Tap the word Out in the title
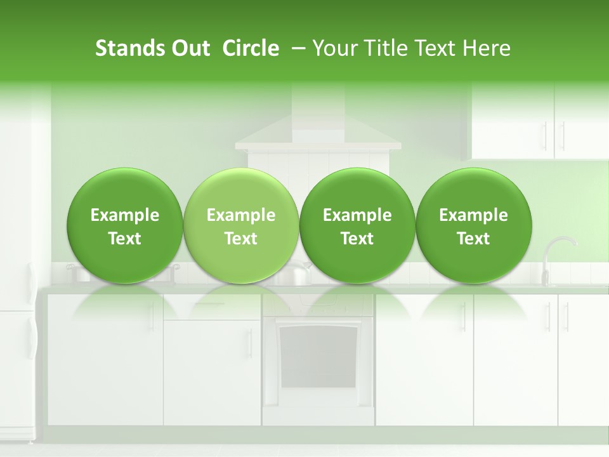189,48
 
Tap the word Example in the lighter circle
241,216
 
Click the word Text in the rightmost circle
474,239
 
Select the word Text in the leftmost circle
124,239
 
